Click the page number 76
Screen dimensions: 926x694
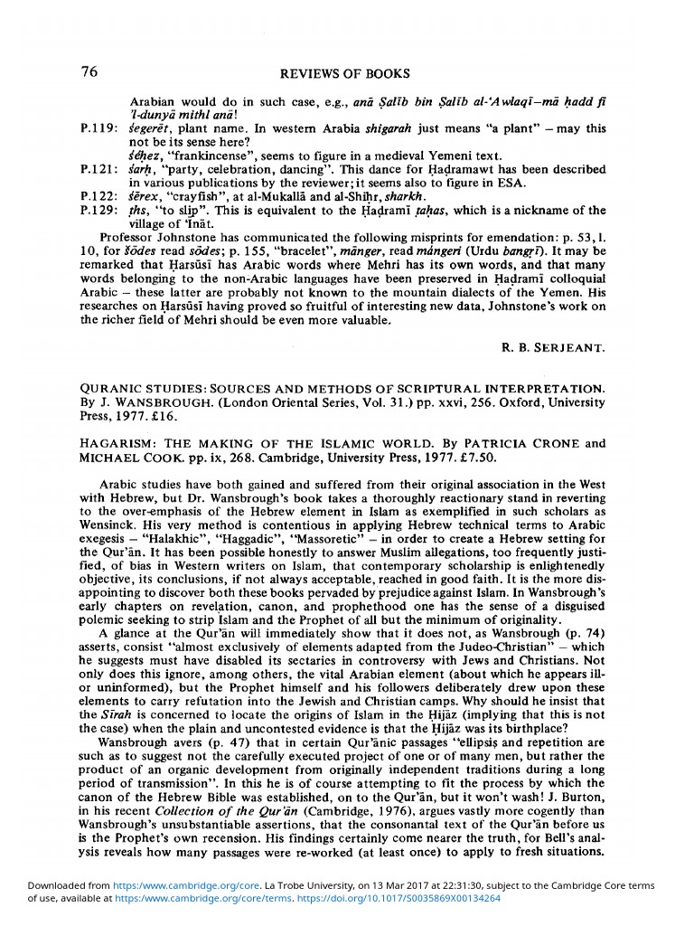[89, 71]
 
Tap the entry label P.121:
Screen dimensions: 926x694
[98, 169]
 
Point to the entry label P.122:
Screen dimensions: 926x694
[98, 197]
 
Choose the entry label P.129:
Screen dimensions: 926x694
[98, 211]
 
